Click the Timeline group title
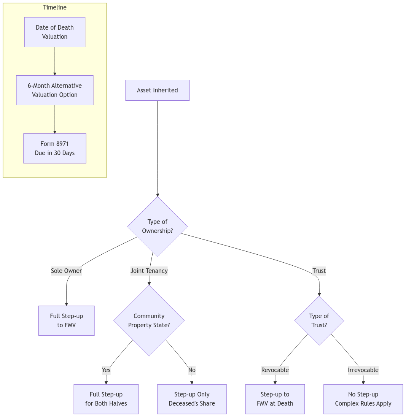tap(54, 8)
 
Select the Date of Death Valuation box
tap(54, 32)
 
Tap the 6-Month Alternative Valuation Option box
tap(54, 90)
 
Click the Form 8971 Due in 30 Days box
tap(54, 148)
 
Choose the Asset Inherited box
tap(157, 90)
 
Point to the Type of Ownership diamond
tap(157, 226)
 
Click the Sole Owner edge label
tap(67, 271)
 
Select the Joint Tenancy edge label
tap(149, 271)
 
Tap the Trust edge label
tap(319, 271)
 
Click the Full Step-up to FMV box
tap(66, 320)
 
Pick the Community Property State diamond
tap(149, 320)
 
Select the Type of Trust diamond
tap(319, 320)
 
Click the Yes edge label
tap(106, 370)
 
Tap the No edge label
tap(192, 370)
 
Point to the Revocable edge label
tap(275, 370)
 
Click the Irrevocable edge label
tap(363, 370)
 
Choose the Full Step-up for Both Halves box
tap(106, 399)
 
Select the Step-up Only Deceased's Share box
tap(192, 399)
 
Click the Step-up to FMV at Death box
tap(275, 399)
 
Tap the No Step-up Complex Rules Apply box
tap(363, 399)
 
